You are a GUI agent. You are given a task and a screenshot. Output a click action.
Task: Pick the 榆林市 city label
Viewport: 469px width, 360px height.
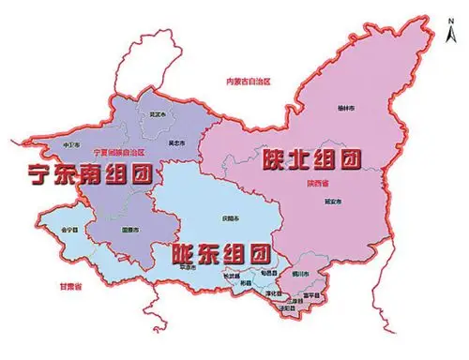point(347,109)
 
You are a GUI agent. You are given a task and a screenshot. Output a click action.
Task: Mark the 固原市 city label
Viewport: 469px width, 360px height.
point(130,230)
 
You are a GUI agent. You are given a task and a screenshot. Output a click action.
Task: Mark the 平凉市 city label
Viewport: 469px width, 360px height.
point(186,267)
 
